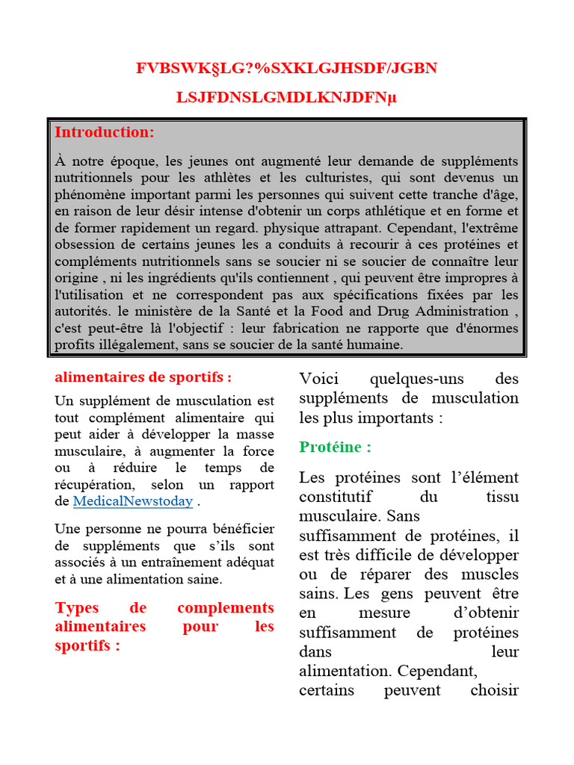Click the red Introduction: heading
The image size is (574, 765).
[104, 132]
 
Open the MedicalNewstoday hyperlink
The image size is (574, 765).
[132, 501]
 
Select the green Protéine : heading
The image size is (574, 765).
[335, 447]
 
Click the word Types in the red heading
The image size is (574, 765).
[76, 608]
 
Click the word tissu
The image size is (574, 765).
[502, 496]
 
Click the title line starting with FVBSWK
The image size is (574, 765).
[286, 69]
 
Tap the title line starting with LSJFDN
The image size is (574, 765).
[286, 97]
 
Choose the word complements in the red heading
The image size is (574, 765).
[226, 608]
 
